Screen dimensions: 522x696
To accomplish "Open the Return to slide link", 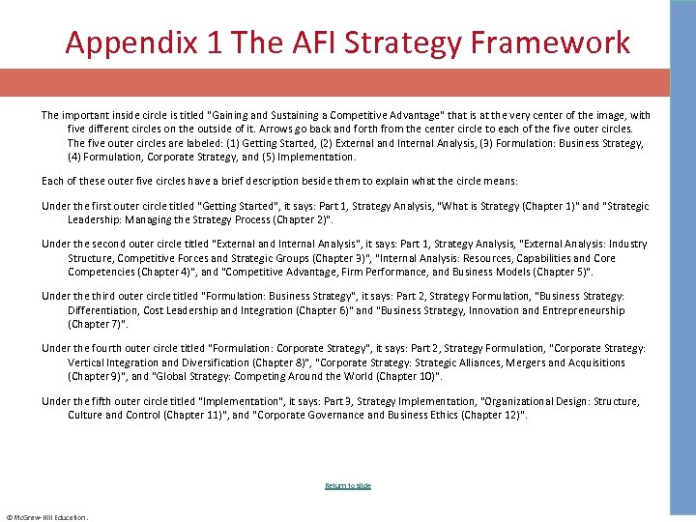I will point(348,485).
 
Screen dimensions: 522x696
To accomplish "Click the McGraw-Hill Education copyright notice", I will point(46,517).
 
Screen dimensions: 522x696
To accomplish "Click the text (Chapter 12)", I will point(495,415).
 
